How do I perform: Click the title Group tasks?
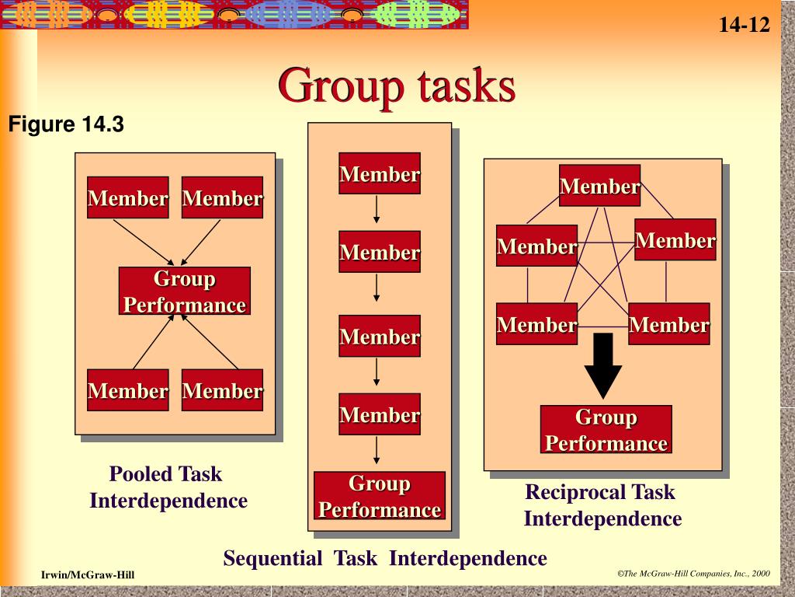click(397, 86)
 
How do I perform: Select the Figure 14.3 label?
click(66, 124)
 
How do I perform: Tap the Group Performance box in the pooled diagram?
click(185, 292)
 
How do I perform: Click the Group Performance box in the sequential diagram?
click(380, 496)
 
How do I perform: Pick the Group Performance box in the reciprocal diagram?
click(606, 430)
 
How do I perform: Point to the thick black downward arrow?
click(602, 365)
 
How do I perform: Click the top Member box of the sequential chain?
click(380, 174)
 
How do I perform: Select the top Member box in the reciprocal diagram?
click(599, 186)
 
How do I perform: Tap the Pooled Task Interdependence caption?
click(168, 487)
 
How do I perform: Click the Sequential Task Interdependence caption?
click(385, 558)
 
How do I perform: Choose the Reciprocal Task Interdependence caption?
click(602, 505)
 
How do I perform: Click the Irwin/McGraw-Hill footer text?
click(88, 574)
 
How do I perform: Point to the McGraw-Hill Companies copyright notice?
click(693, 574)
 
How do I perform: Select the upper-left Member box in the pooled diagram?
click(128, 198)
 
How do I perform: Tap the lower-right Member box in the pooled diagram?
click(222, 390)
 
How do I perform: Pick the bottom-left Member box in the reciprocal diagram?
click(536, 324)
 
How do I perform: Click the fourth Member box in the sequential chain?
click(380, 414)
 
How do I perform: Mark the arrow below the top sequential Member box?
click(377, 210)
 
